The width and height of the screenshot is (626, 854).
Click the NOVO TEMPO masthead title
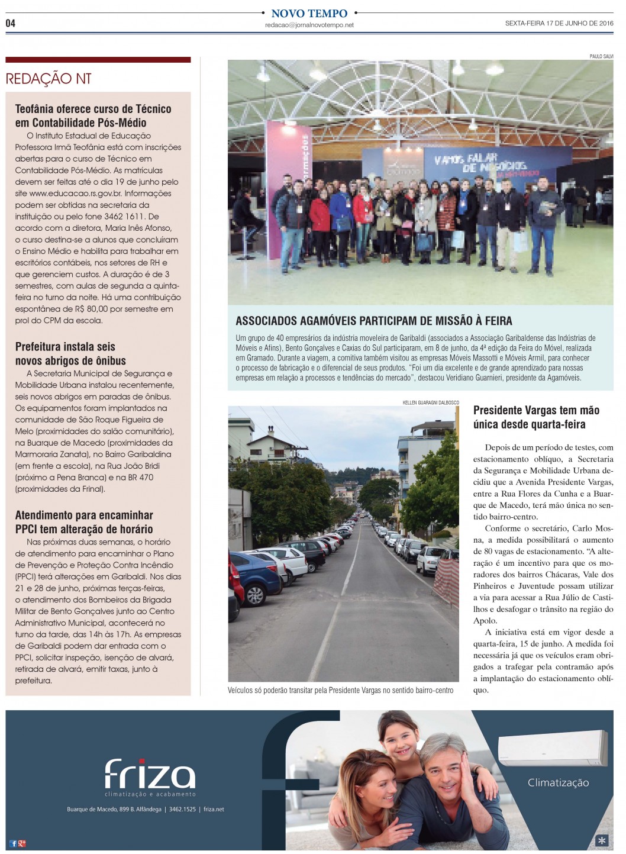click(309, 13)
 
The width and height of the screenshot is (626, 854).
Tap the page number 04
click(10, 23)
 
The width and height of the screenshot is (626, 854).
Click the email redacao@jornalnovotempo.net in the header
click(309, 25)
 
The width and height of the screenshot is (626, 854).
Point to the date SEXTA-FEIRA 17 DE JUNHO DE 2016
click(559, 24)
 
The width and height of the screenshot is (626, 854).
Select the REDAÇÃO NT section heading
click(49, 79)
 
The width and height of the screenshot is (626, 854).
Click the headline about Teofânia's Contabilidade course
click(93, 116)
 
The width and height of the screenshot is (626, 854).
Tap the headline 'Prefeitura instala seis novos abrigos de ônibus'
click(70, 354)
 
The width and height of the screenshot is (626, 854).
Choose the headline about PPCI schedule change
click(84, 522)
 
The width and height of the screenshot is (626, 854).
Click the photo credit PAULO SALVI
click(601, 56)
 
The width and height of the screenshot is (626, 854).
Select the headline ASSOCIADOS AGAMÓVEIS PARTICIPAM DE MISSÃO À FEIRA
click(373, 321)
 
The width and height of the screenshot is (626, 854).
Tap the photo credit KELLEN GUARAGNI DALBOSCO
click(430, 402)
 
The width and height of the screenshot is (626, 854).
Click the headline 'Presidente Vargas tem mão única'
click(536, 417)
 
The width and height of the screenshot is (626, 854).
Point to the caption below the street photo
click(340, 690)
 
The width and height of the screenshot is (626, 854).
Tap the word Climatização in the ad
click(558, 782)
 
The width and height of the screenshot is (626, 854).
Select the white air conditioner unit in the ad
click(552, 749)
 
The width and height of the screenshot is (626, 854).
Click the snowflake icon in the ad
click(601, 840)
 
